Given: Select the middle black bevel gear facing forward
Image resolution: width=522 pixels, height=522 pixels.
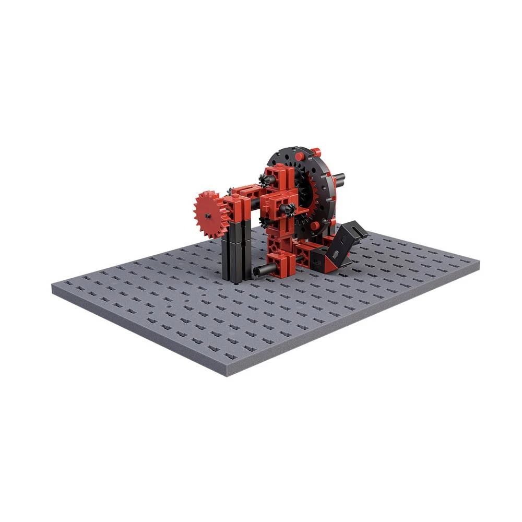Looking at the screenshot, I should coord(288,209).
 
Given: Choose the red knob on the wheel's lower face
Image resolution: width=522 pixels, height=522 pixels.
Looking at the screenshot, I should coord(316,225).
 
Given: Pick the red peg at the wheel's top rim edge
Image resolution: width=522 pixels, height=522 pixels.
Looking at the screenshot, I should coord(315,151).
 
